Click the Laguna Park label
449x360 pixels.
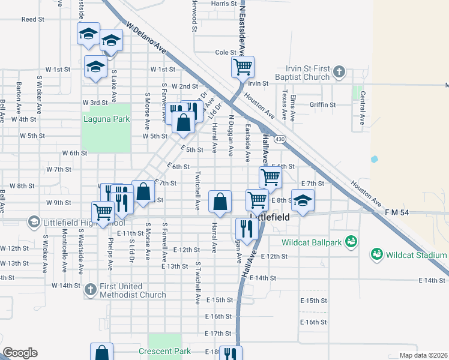pyautogui.click(x=106, y=119)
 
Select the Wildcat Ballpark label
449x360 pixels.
pyautogui.click(x=312, y=242)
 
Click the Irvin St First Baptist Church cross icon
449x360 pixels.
pyautogui.click(x=339, y=72)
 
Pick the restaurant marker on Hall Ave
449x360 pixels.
pyautogui.click(x=246, y=228)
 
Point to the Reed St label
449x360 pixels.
pyautogui.click(x=33, y=19)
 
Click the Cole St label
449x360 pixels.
pyautogui.click(x=226, y=52)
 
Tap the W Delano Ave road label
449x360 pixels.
pyautogui.click(x=146, y=39)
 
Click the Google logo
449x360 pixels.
pyautogui.click(x=20, y=353)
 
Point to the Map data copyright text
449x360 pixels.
pyautogui.click(x=423, y=355)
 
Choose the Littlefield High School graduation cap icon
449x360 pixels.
pyautogui.click(x=34, y=222)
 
